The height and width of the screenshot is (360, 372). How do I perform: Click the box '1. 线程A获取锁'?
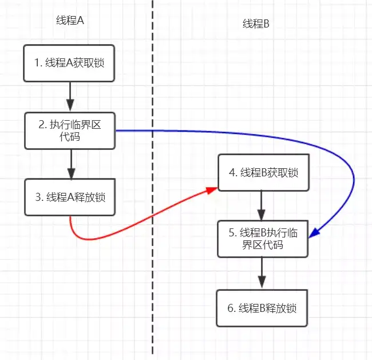pyautogui.click(x=70, y=62)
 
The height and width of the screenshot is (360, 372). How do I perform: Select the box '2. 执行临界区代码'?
pyautogui.click(x=70, y=130)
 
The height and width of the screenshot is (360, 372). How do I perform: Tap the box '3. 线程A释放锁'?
pyautogui.click(x=70, y=197)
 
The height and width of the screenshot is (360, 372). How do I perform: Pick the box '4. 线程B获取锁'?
pyautogui.click(x=263, y=172)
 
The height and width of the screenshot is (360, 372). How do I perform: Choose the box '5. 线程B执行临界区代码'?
pyautogui.click(x=263, y=239)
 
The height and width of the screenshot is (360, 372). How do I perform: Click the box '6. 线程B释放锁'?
pyautogui.click(x=263, y=308)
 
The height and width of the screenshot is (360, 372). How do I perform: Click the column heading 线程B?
pyautogui.click(x=256, y=23)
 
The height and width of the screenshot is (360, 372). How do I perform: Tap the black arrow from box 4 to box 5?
pyautogui.click(x=262, y=205)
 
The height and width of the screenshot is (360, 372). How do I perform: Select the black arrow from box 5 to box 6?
pyautogui.click(x=262, y=272)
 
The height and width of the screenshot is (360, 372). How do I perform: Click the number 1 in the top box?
pyautogui.click(x=37, y=63)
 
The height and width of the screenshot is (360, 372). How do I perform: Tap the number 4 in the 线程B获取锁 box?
pyautogui.click(x=232, y=173)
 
